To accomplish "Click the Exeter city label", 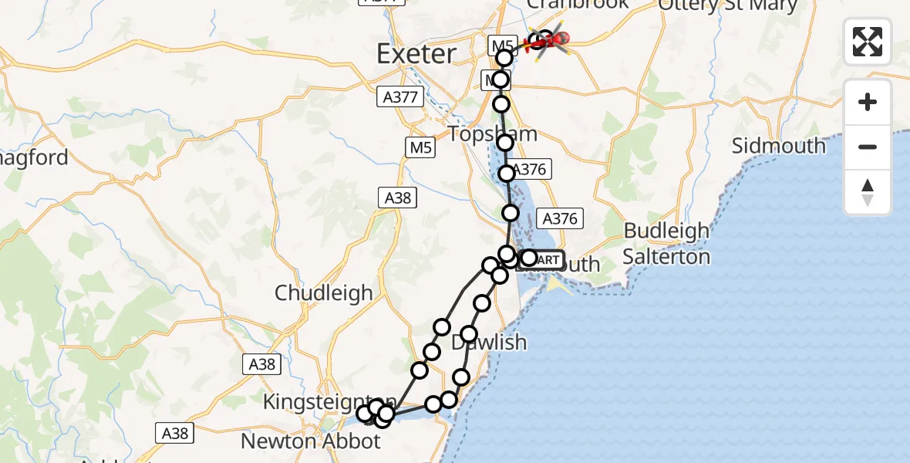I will (416, 54).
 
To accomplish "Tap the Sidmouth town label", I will (778, 146).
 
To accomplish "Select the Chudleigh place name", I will (324, 293).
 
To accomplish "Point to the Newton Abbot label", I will (311, 441).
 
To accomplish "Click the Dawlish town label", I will (489, 342).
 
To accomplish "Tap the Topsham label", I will (493, 133).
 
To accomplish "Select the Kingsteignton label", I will (330, 402).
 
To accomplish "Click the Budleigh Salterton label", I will (666, 243).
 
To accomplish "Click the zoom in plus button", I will (868, 102).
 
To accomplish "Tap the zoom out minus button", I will (868, 147).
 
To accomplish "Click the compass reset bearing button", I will (868, 192).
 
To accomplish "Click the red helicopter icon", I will (549, 40).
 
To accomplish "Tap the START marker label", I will (546, 260).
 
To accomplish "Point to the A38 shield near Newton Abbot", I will (175, 434).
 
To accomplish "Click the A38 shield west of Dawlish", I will (262, 364).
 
